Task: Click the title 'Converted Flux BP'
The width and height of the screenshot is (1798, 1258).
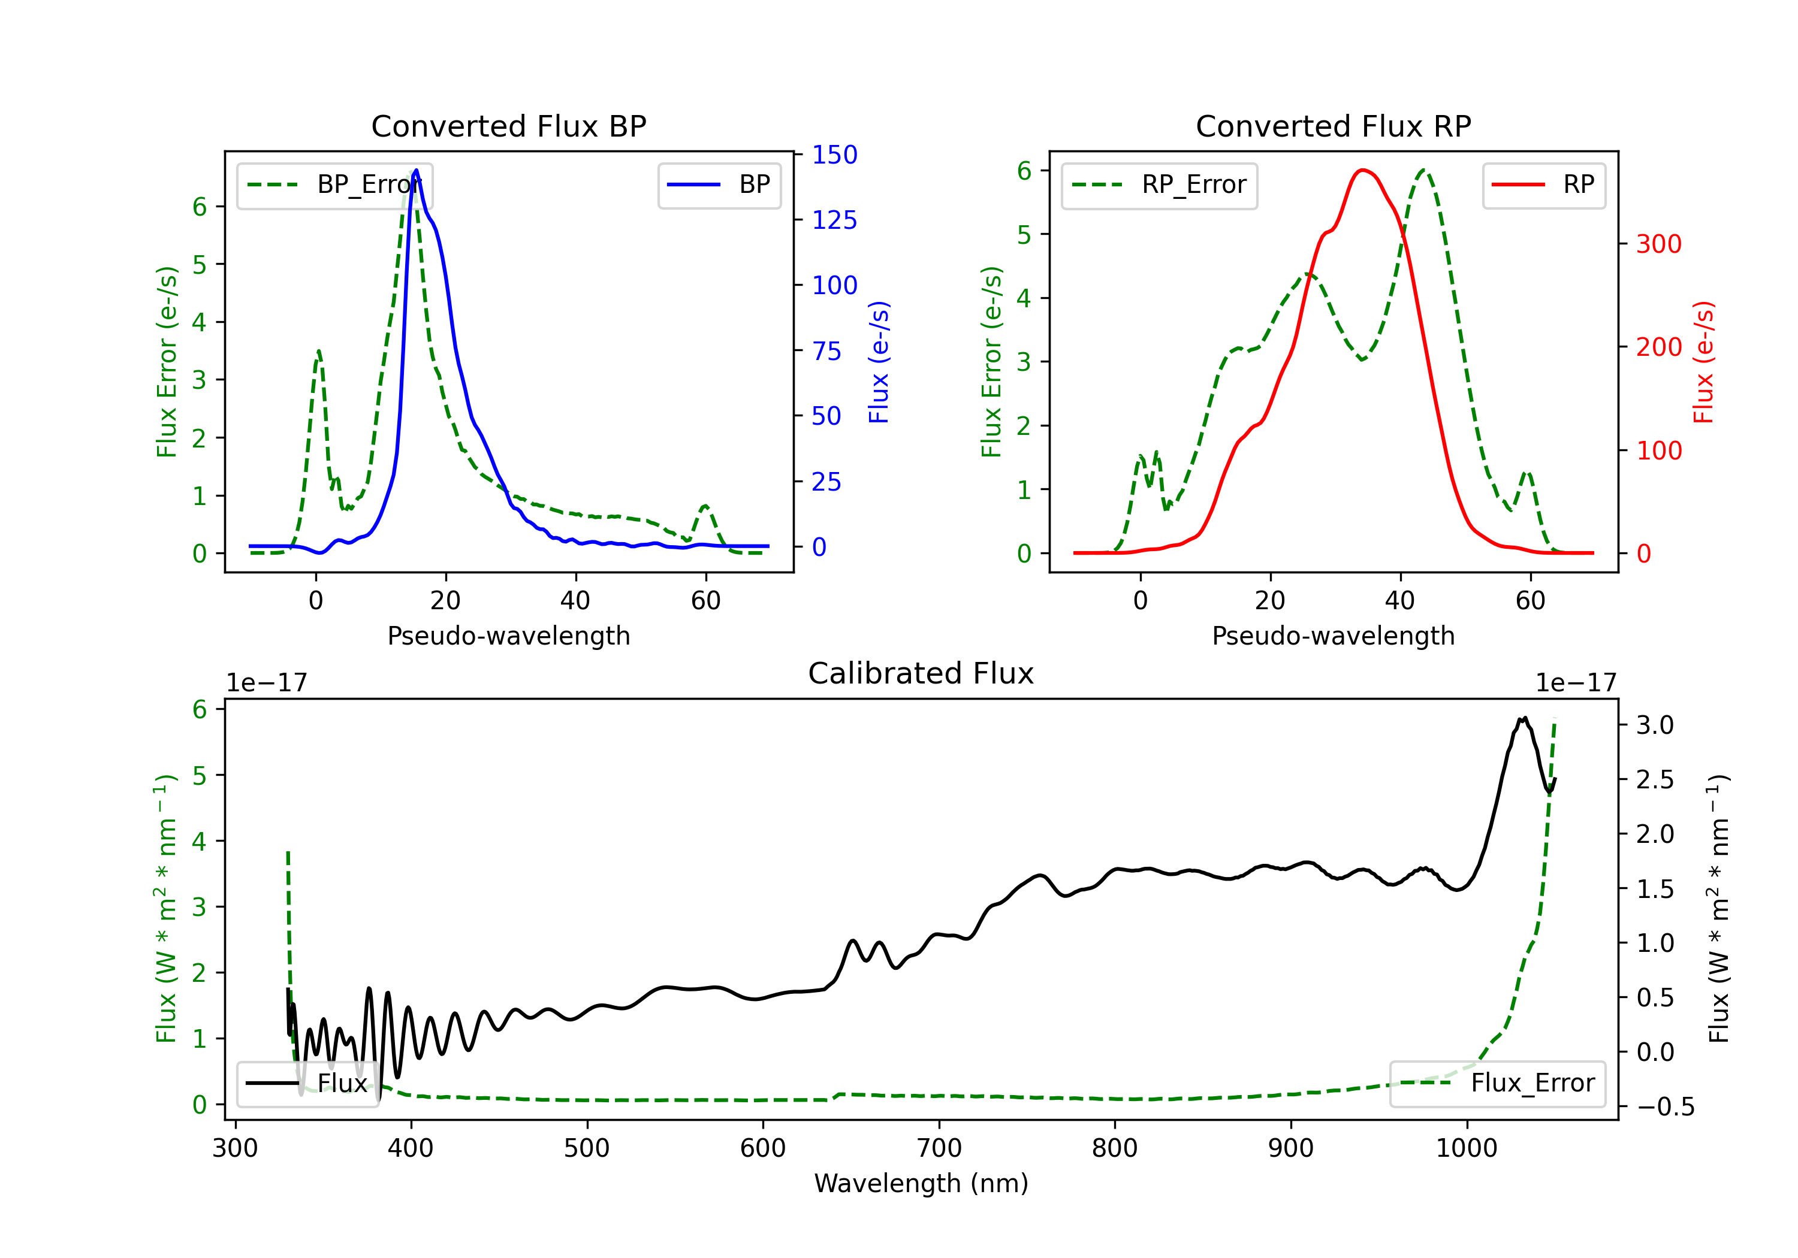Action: pyautogui.click(x=508, y=126)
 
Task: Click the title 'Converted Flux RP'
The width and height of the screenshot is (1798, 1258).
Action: pyautogui.click(x=1333, y=126)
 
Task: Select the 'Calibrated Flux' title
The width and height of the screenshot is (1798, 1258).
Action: pyautogui.click(x=921, y=673)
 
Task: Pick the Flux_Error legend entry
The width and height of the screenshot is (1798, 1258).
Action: pyautogui.click(x=1497, y=1084)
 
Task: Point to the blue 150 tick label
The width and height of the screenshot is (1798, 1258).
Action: pyautogui.click(x=835, y=155)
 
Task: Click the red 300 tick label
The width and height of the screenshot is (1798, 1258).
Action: pyautogui.click(x=1658, y=244)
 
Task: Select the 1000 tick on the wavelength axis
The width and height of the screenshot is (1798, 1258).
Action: pyautogui.click(x=1467, y=1148)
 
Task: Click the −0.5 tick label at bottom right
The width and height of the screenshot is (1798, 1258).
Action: pyautogui.click(x=1666, y=1107)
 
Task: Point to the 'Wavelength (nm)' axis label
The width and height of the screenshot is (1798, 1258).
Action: pyautogui.click(x=921, y=1184)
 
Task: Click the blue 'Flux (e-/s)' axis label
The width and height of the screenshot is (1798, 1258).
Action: pyautogui.click(x=879, y=362)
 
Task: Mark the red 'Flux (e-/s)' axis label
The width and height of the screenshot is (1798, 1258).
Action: pyautogui.click(x=1703, y=362)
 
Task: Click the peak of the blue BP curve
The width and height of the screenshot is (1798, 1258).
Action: pyautogui.click(x=416, y=170)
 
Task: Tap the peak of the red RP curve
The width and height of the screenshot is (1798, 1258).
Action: pyautogui.click(x=1363, y=170)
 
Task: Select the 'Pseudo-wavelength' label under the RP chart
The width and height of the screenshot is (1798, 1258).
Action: pyautogui.click(x=1333, y=636)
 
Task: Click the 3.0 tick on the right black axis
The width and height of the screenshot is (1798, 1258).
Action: pyautogui.click(x=1655, y=725)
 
